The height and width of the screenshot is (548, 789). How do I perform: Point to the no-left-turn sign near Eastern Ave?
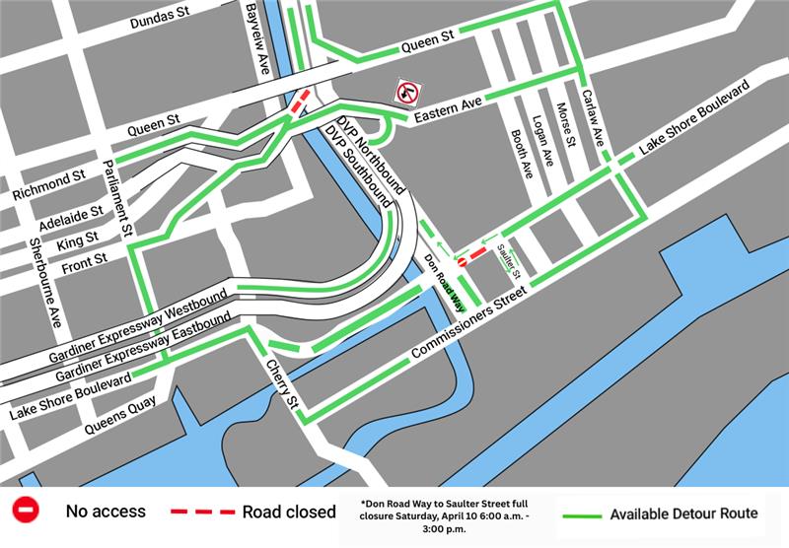406,93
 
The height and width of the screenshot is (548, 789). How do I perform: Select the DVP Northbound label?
371,151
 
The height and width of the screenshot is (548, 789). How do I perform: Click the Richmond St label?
49,184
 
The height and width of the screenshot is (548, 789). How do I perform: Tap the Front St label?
83,262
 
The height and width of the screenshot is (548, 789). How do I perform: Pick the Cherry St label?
281,383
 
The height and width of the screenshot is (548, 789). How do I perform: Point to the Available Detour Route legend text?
683,514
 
